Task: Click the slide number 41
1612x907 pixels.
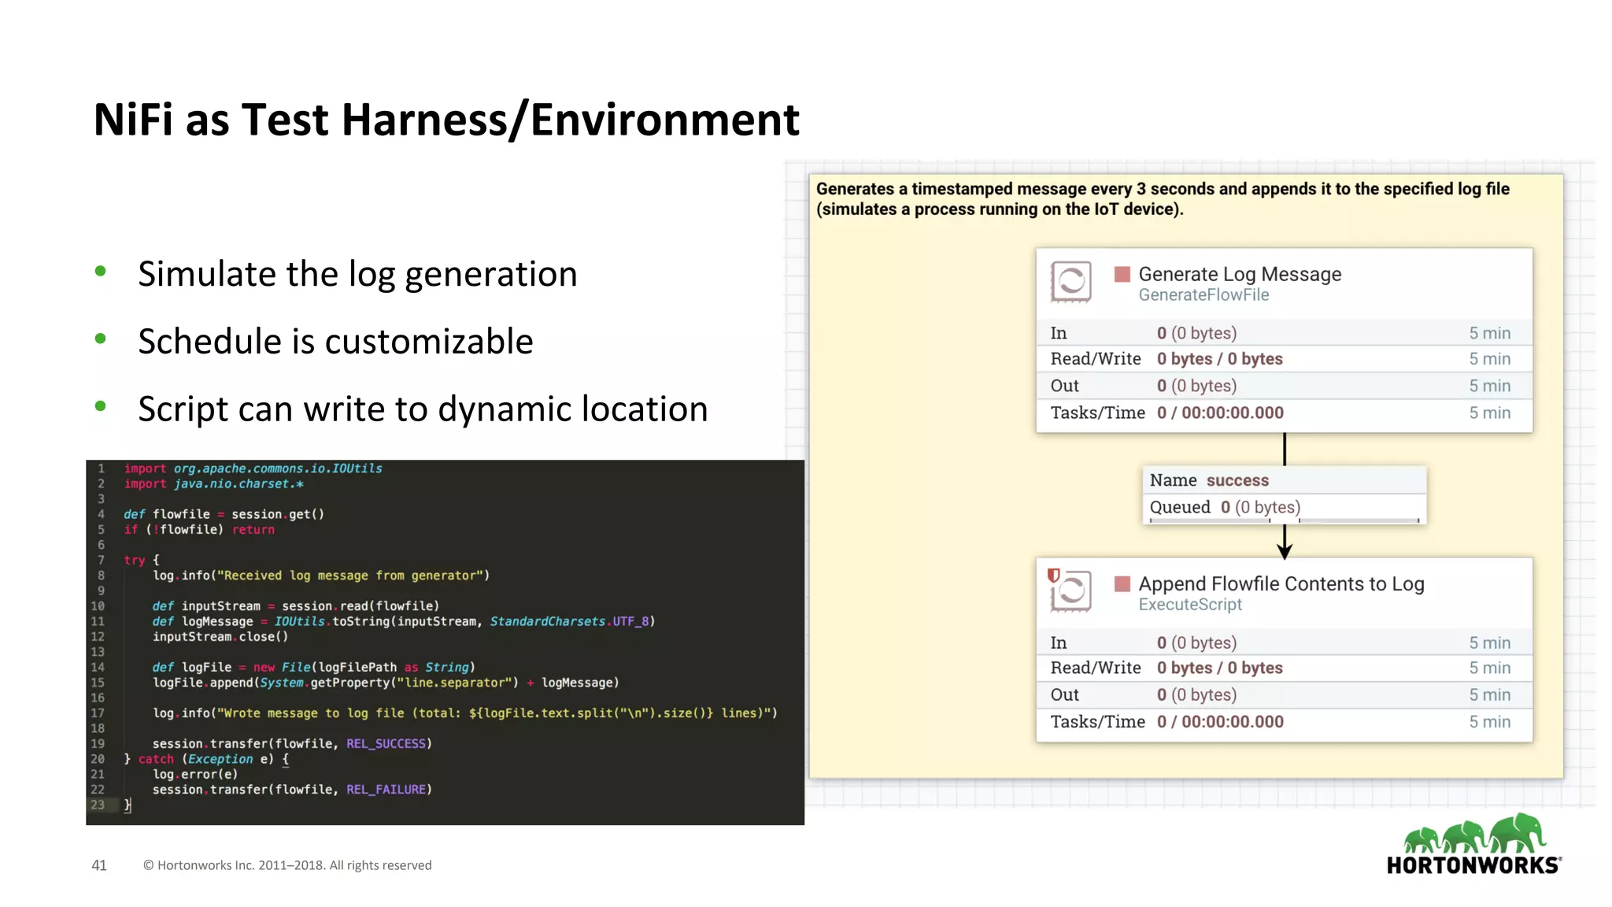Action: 99,865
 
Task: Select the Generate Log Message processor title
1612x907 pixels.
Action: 1240,274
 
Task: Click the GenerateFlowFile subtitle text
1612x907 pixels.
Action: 1203,295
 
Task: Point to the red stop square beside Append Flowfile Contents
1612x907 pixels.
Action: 1122,583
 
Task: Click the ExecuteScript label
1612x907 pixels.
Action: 1189,605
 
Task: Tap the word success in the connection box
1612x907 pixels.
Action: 1237,480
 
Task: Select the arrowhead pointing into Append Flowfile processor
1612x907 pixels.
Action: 1285,551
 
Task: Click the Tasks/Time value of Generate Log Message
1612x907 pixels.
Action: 1220,413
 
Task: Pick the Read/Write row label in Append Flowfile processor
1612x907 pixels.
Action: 1095,668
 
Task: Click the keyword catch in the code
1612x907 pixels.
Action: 156,759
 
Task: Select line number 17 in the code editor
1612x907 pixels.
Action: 98,713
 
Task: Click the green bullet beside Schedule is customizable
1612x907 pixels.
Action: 100,339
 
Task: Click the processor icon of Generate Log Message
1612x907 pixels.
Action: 1070,282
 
